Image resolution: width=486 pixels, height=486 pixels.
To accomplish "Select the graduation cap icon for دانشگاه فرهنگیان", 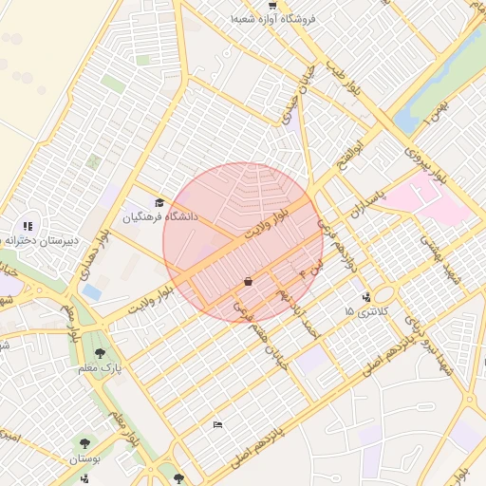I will coord(159,202).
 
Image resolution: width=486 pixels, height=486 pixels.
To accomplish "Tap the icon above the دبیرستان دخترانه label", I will coord(28,226).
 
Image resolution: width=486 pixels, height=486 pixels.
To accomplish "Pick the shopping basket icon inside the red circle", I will coord(248,281).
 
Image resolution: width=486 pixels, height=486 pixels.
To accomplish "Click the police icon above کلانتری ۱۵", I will coord(366,296).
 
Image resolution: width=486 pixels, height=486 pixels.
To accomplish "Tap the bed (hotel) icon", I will coord(218,424).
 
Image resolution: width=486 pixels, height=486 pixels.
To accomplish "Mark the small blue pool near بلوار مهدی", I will coord(92,292).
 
